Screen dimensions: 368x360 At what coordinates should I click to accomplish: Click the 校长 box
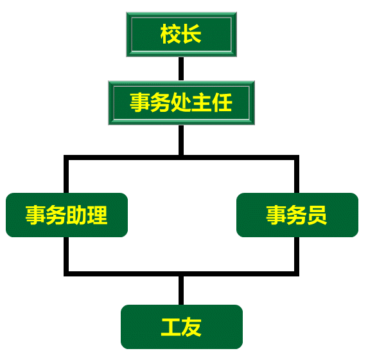[x=181, y=34]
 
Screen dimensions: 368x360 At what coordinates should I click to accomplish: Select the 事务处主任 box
[x=181, y=103]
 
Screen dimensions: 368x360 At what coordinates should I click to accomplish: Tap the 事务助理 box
[x=67, y=215]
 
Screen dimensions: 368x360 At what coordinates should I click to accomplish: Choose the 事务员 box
[x=297, y=215]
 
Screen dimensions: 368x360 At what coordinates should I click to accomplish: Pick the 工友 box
[x=182, y=327]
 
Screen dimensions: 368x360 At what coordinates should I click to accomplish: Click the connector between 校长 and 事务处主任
[x=181, y=69]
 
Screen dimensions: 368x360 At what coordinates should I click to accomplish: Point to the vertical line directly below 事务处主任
[x=181, y=140]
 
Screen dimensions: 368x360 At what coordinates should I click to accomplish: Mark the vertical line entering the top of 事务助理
[x=66, y=174]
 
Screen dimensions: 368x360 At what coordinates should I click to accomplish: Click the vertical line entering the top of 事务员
[x=297, y=174]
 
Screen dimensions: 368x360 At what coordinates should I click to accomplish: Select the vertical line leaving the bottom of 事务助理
[x=66, y=256]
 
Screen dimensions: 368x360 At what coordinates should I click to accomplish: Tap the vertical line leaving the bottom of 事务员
[x=297, y=256]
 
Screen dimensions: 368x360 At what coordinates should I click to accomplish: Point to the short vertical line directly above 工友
[x=181, y=291]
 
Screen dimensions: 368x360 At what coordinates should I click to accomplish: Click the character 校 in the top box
[x=171, y=34]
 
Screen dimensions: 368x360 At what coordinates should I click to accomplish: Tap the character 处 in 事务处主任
[x=181, y=102]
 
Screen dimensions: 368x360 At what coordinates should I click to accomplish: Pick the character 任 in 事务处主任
[x=222, y=102]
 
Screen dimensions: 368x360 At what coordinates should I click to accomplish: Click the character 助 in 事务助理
[x=76, y=215]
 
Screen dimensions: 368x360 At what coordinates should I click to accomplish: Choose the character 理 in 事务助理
[x=97, y=215]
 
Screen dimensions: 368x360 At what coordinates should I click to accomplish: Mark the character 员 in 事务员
[x=317, y=215]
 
